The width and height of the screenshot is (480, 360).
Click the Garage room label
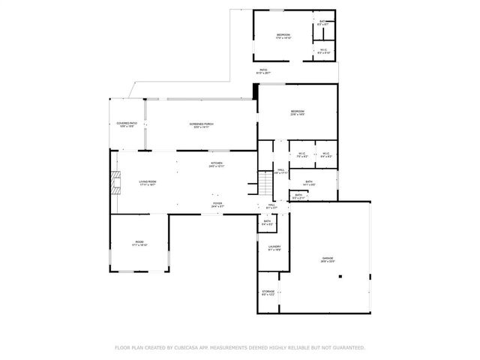coord(328,259)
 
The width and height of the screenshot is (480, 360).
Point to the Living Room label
coord(146,182)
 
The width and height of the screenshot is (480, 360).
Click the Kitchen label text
coord(217,164)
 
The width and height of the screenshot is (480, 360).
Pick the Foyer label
coord(217,203)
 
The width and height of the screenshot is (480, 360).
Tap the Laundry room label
coord(274,247)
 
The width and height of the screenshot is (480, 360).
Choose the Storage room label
coord(268,292)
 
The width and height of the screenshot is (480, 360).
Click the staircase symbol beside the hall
coord(265,182)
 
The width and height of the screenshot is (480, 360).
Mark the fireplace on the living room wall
coord(115,182)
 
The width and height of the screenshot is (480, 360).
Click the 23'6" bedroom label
coord(298,113)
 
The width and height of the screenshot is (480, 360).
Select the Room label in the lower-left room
coord(139,243)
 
